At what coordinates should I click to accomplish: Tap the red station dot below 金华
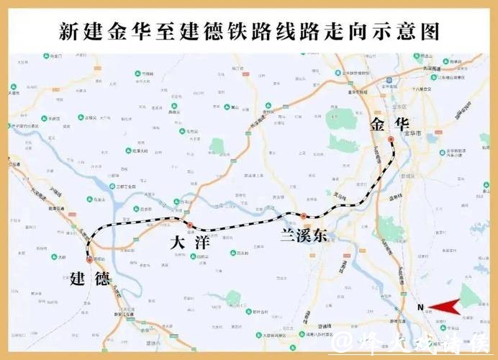[391, 139]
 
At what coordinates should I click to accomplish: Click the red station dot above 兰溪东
[304, 215]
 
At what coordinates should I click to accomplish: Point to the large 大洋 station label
[189, 242]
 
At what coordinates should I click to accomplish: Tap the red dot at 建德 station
[89, 261]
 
